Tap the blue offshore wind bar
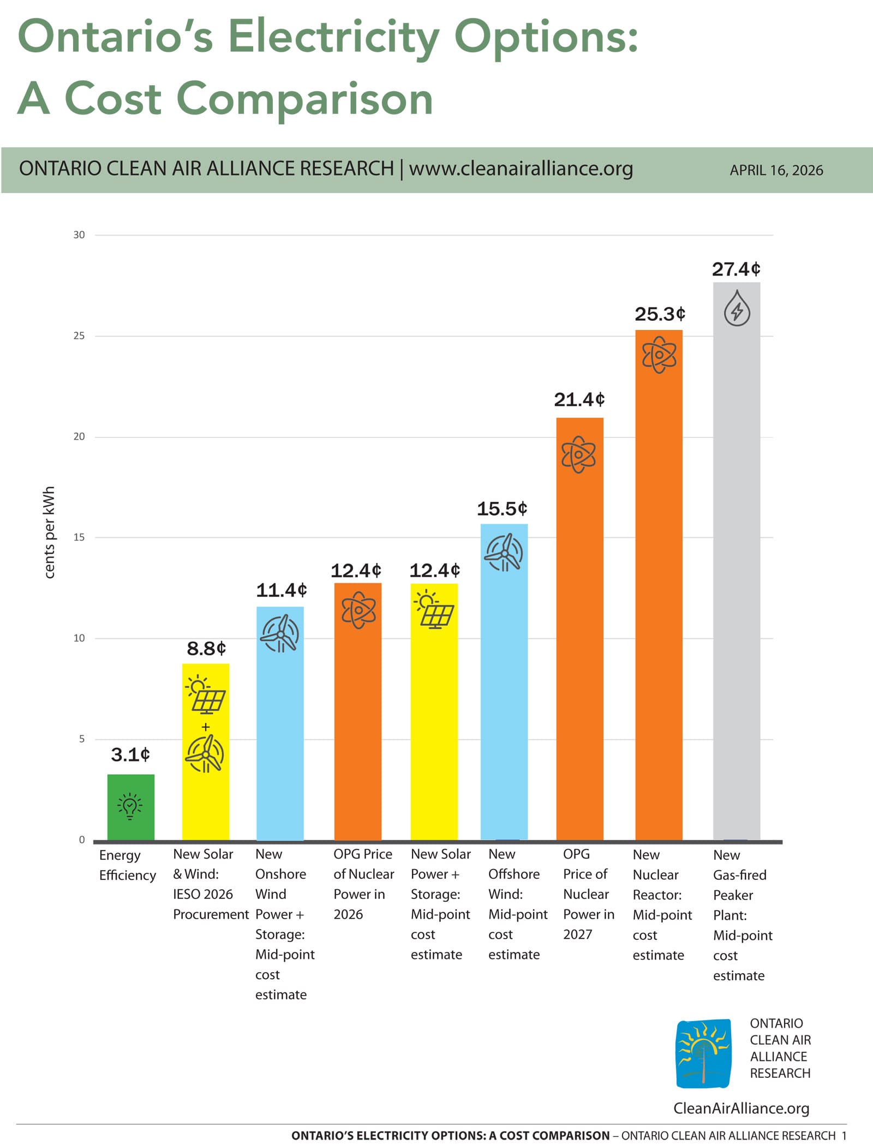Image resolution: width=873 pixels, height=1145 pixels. [504, 682]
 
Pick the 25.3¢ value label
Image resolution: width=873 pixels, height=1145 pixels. [660, 314]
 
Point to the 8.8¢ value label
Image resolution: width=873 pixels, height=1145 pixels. [206, 649]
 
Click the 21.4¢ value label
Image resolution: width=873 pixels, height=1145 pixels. [579, 400]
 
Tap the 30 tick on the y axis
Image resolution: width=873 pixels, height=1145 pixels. [79, 235]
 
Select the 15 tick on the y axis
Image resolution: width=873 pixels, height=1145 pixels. [79, 537]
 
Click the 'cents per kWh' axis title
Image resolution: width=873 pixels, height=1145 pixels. [49, 532]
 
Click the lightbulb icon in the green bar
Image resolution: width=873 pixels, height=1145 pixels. [130, 806]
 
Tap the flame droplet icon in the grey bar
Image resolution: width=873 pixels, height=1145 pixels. [737, 308]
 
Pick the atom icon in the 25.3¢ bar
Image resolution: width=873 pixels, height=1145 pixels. [659, 355]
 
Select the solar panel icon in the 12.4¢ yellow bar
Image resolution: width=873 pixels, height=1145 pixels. [434, 610]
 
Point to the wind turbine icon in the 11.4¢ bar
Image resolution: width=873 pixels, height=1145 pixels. [280, 634]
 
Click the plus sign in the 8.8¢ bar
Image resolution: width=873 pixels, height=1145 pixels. [206, 727]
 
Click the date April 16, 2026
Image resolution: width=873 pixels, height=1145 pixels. [776, 170]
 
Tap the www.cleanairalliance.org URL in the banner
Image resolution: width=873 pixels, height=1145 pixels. [521, 169]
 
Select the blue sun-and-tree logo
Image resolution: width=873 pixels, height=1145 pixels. [703, 1053]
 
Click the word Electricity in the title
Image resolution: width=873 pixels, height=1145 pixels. [333, 37]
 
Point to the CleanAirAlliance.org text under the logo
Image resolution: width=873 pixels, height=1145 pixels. [741, 1108]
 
